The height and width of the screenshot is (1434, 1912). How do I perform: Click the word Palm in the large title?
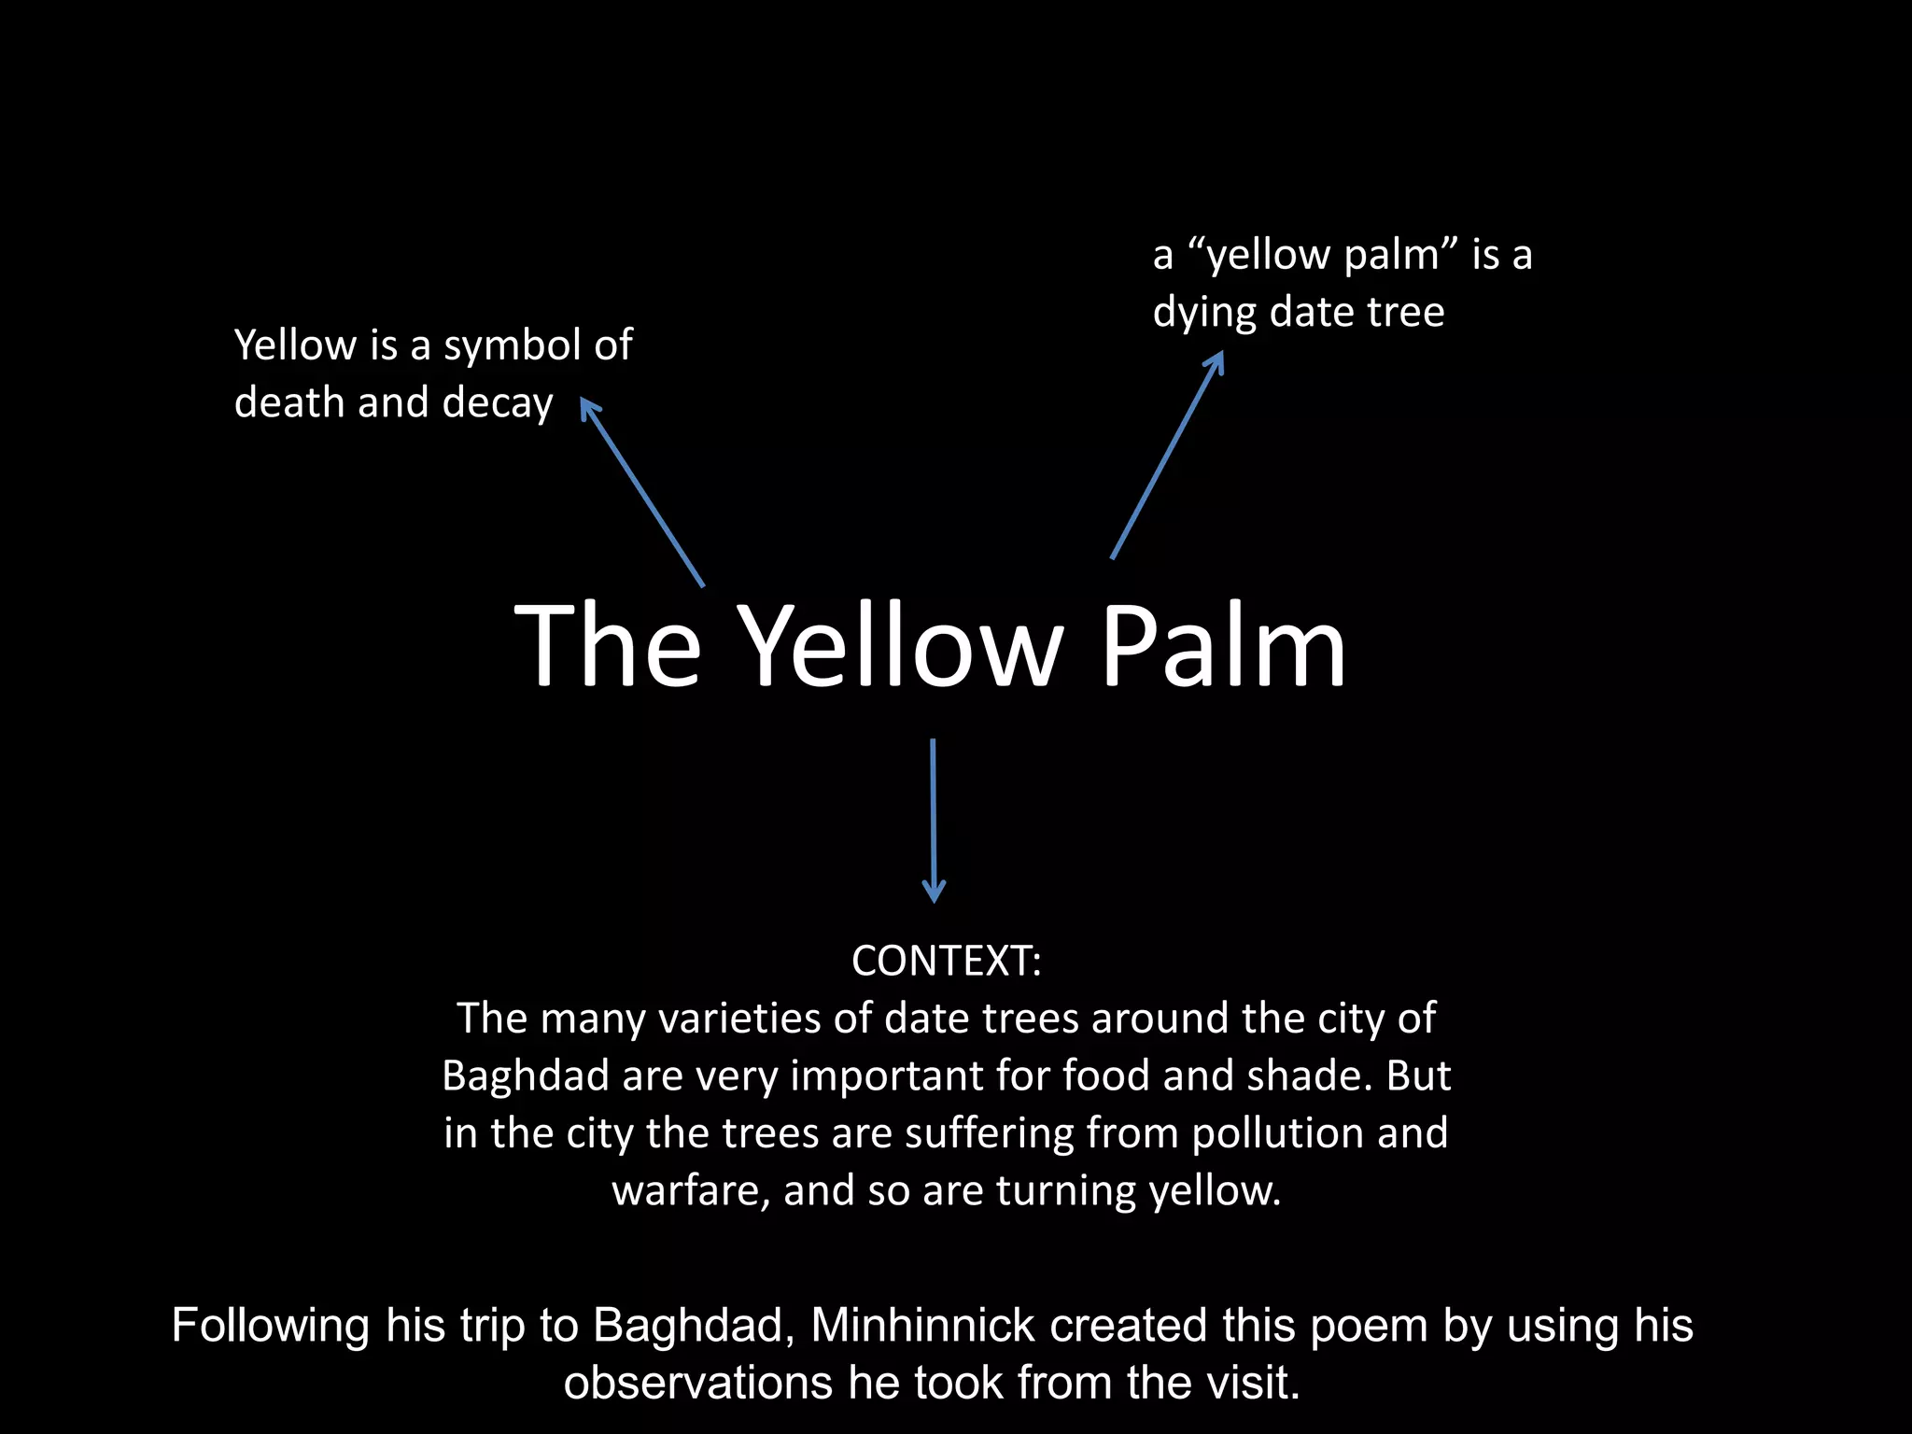click(x=1223, y=646)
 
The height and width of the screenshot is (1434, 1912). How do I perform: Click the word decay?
click(x=498, y=403)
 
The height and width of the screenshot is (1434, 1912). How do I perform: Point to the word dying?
click(x=1204, y=313)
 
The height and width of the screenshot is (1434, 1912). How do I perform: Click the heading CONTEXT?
click(x=946, y=961)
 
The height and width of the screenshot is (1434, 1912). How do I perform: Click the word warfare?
click(x=691, y=1190)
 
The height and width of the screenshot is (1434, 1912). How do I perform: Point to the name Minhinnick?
click(x=922, y=1325)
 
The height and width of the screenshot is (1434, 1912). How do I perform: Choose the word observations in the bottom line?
click(x=697, y=1383)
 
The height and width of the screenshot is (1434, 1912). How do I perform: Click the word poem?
click(x=1369, y=1325)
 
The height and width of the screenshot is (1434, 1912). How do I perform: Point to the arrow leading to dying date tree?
click(x=1167, y=455)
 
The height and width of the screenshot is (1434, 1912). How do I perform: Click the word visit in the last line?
click(x=1252, y=1383)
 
